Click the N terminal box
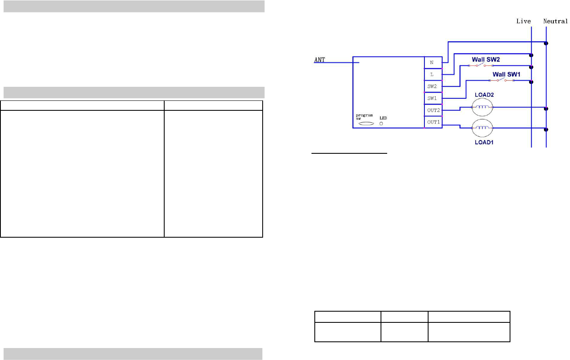coord(433,62)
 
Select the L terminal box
coord(433,74)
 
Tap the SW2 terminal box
coord(433,86)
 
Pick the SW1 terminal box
coord(433,98)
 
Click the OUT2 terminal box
coord(433,110)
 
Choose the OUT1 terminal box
coord(433,122)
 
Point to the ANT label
coord(320,60)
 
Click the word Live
coord(523,21)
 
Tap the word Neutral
coord(555,21)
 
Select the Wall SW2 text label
coord(486,60)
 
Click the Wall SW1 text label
coord(506,74)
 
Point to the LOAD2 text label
coord(484,95)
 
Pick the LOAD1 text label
coord(484,142)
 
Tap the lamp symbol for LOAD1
coord(483,128)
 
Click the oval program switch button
coord(366,124)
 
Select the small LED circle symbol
coord(381,124)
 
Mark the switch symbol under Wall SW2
coord(480,65)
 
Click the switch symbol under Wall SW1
coord(501,80)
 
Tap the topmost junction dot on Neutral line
coord(546,43)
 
